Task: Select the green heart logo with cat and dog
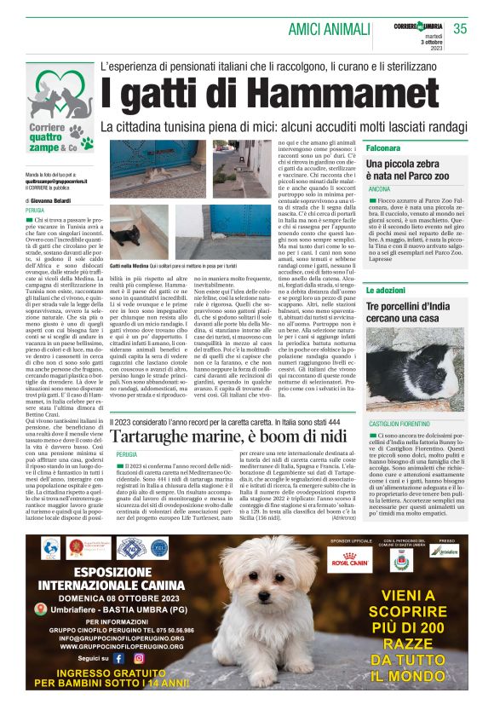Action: point(65,95)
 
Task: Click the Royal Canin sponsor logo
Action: point(351,560)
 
